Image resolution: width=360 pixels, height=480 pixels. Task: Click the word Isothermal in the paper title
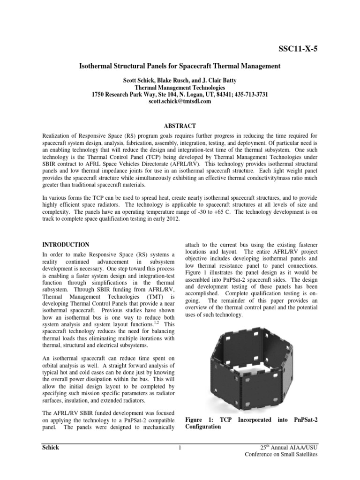98,67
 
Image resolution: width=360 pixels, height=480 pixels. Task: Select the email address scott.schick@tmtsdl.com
180,101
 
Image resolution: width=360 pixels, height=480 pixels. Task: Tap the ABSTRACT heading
180,126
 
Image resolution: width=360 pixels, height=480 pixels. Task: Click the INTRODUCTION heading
66,245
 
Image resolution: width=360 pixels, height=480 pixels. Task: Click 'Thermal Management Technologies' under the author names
180,88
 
